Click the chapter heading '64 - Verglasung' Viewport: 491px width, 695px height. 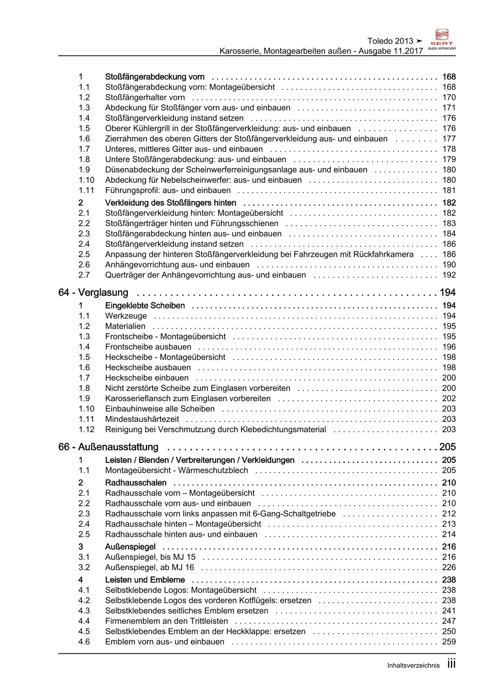[93, 293]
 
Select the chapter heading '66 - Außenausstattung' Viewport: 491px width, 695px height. [108, 447]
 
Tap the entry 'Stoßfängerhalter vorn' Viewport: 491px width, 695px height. [145, 98]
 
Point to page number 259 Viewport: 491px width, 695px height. [449, 641]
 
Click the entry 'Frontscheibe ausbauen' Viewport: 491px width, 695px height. [148, 347]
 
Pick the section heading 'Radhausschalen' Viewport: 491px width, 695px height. [136, 482]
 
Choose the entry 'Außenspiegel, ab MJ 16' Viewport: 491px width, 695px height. [150, 567]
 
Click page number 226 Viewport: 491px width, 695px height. [449, 567]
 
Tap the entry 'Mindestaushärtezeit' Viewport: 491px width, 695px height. [142, 419]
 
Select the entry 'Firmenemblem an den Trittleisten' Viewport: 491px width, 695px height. [166, 621]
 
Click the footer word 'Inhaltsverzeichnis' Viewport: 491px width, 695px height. [413, 666]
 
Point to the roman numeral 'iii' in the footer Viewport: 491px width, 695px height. [451, 664]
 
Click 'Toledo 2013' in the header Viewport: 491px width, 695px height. [390, 41]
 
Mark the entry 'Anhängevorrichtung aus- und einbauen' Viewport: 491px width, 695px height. [177, 265]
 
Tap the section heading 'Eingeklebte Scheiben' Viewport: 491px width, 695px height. [145, 306]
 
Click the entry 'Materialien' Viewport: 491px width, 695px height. [125, 326]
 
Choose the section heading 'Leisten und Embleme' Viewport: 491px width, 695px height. [145, 580]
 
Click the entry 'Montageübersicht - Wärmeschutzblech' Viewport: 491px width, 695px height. [177, 470]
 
